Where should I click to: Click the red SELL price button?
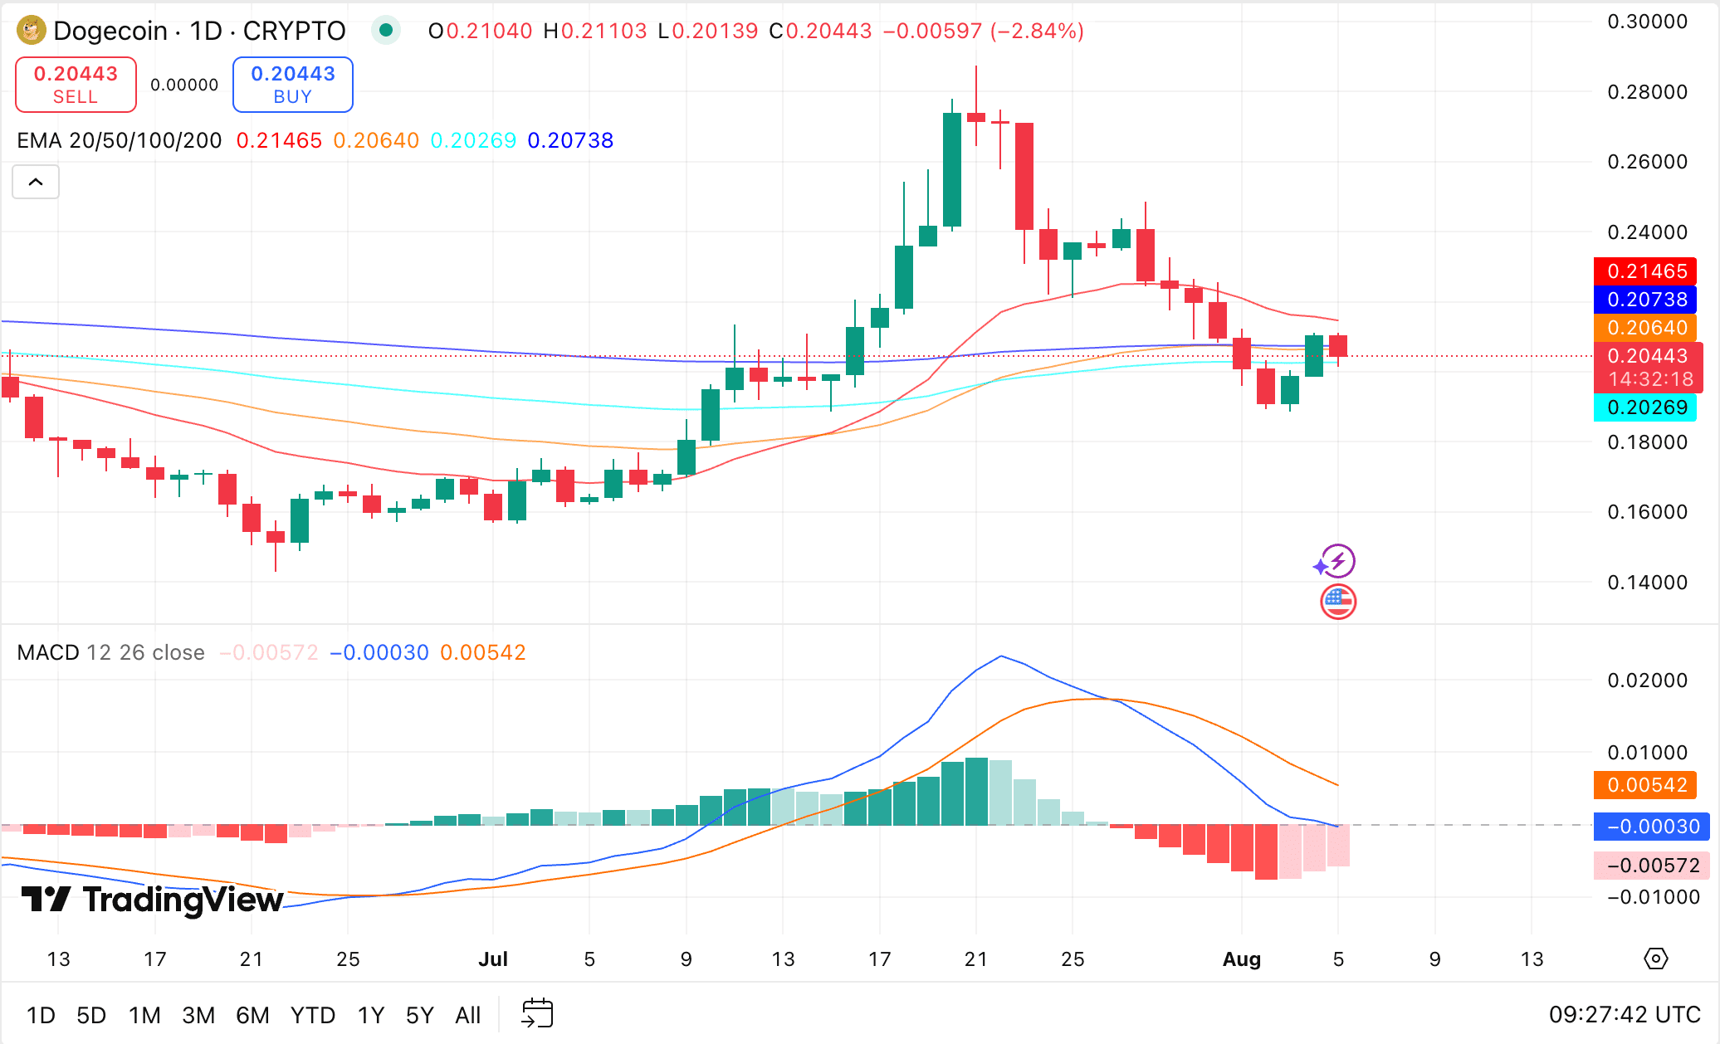pyautogui.click(x=76, y=85)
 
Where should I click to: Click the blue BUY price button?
pyautogui.click(x=292, y=85)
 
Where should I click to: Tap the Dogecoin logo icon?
pyautogui.click(x=32, y=31)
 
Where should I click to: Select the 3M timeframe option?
pyautogui.click(x=198, y=1015)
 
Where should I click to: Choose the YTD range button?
pyautogui.click(x=312, y=1015)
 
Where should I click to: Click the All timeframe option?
pyautogui.click(x=467, y=1015)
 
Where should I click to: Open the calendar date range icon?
pyautogui.click(x=537, y=1013)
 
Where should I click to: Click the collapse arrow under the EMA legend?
pyautogui.click(x=36, y=182)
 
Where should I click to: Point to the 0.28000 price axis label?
pyautogui.click(x=1647, y=92)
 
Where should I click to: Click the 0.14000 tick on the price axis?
pyautogui.click(x=1647, y=583)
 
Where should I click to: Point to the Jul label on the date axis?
pyautogui.click(x=492, y=959)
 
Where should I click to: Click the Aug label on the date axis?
pyautogui.click(x=1241, y=959)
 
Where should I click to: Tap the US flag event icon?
pyautogui.click(x=1338, y=602)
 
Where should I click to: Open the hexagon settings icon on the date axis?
pyautogui.click(x=1655, y=959)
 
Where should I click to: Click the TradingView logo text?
pyautogui.click(x=153, y=900)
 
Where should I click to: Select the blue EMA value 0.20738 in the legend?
pyautogui.click(x=570, y=140)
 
